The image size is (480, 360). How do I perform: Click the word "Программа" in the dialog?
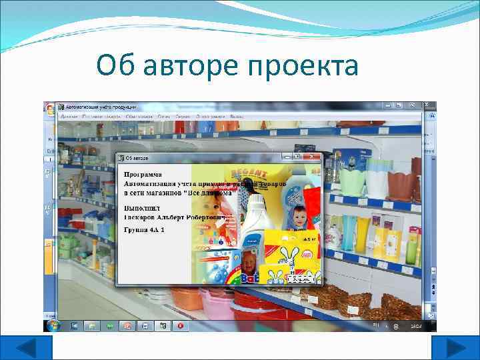click(143, 173)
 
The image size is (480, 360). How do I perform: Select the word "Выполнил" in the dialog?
click(141, 209)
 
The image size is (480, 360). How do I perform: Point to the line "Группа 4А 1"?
click(144, 229)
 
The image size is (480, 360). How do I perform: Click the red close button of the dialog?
click(311, 157)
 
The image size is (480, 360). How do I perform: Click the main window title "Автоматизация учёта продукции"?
click(101, 107)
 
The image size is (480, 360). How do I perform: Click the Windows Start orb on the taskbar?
click(51, 325)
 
